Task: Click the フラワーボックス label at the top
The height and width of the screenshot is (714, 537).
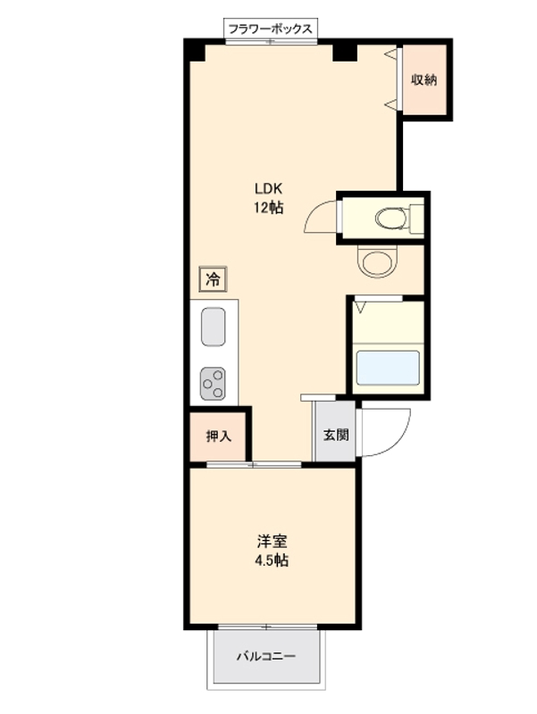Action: point(270,29)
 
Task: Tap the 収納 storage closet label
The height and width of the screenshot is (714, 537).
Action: point(424,80)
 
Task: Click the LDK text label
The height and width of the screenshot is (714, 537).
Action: point(269,189)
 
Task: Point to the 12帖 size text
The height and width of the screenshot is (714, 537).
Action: point(269,208)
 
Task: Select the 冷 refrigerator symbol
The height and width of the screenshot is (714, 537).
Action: point(213,279)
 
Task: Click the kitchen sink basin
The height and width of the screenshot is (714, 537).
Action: point(214,327)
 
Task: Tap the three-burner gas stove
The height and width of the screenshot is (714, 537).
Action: point(214,384)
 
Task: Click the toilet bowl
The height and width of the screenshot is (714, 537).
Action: point(390,217)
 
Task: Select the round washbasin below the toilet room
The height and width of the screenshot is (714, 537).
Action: point(374,261)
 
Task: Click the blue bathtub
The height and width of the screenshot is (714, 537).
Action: point(387,368)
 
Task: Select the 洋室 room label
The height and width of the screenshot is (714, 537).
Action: point(273,542)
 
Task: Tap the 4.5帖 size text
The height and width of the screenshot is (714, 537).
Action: point(273,561)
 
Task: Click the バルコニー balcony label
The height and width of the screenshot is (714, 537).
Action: point(265,657)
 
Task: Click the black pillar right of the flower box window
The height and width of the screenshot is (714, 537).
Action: point(345,51)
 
